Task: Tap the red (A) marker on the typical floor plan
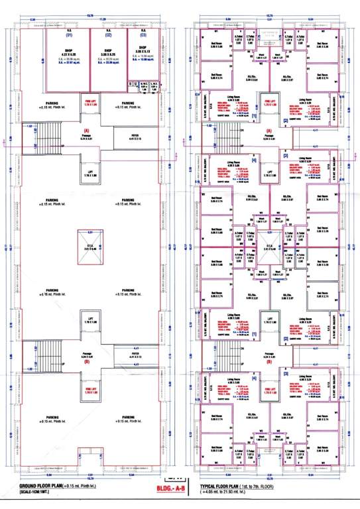click(269, 131)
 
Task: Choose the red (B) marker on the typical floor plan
click(269, 362)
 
